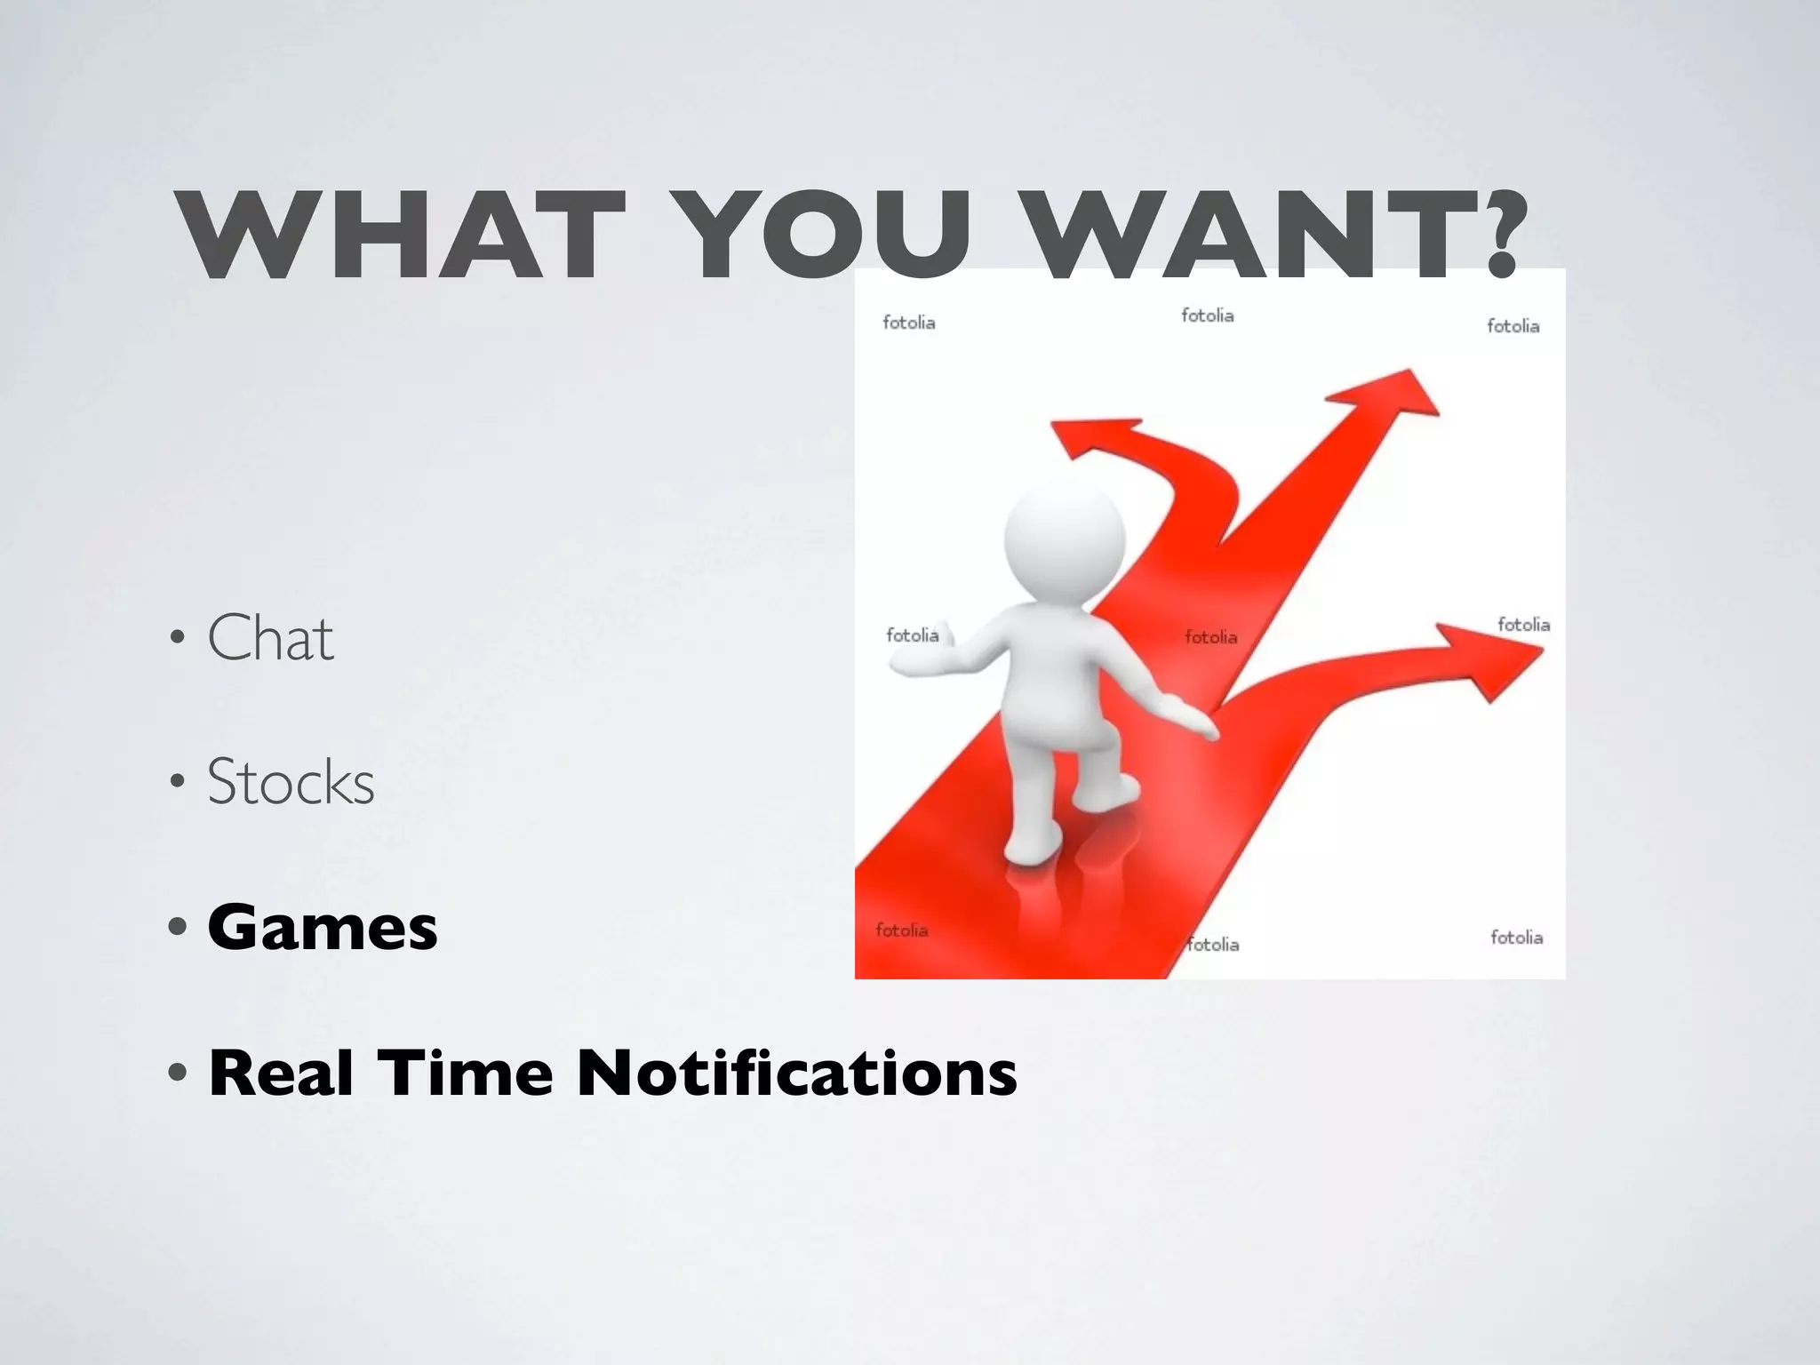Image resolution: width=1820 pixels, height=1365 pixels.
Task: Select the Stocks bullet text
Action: (291, 782)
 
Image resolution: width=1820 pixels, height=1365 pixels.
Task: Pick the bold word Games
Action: (323, 928)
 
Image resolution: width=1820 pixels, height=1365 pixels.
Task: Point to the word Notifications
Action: (796, 1073)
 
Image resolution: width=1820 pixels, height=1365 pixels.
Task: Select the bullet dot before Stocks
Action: (178, 783)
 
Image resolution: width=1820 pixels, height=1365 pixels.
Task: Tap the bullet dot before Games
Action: (178, 928)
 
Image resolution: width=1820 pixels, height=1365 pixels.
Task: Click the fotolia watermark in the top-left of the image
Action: (908, 322)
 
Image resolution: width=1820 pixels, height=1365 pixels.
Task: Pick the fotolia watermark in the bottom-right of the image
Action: (1516, 938)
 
